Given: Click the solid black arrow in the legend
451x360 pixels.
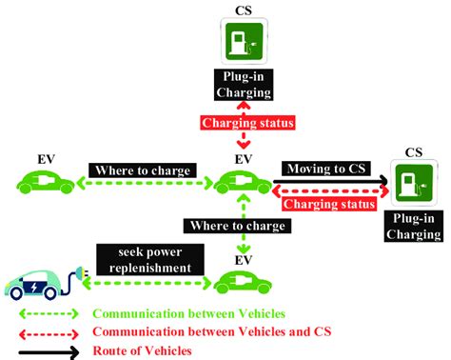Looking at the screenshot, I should (x=48, y=350).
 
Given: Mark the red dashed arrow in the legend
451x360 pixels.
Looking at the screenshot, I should (x=48, y=331).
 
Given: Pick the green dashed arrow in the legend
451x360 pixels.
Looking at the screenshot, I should (x=48, y=312).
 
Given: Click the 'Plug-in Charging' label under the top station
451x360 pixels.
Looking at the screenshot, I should (x=244, y=86).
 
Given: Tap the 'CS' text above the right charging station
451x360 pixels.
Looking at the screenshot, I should (x=414, y=151).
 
